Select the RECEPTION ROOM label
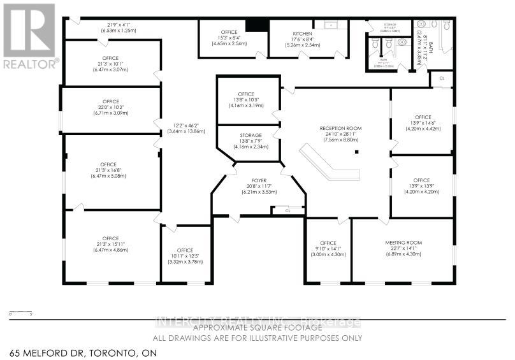coord(340,129)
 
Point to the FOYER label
coord(258,181)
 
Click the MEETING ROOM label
coord(404,243)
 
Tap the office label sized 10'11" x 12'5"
coord(185,250)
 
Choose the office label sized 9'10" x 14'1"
coord(328,243)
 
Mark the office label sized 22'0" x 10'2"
coord(111,102)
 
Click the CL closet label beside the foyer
coord(287,210)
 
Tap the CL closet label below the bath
coord(442,79)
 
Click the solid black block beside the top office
coord(257,24)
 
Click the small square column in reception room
coord(358,152)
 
